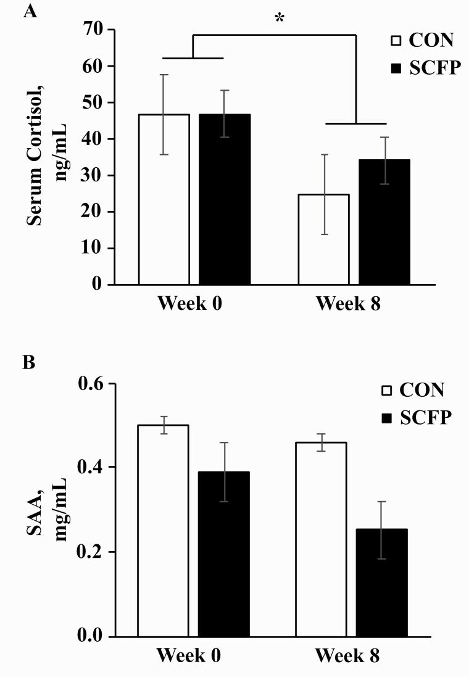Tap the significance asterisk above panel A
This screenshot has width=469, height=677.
280,19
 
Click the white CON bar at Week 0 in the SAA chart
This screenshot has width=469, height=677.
163,531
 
